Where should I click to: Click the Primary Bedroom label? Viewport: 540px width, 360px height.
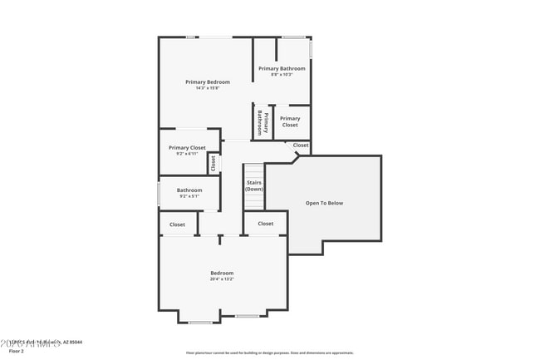tap(207, 81)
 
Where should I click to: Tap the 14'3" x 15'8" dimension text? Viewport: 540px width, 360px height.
tap(207, 88)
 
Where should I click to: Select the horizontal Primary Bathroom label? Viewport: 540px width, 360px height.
tap(282, 68)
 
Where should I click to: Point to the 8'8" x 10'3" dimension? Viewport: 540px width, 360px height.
tap(282, 75)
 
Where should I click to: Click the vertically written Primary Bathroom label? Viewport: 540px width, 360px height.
tap(263, 122)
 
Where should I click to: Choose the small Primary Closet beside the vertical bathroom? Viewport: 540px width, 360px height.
tap(290, 121)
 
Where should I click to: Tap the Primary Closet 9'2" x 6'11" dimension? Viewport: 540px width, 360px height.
tap(187, 154)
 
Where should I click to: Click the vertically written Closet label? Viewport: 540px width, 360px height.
tap(214, 163)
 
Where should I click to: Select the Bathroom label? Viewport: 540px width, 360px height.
tap(189, 190)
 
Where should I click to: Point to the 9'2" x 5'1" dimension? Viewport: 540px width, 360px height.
tap(189, 197)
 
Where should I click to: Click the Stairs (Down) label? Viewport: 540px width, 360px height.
tap(254, 185)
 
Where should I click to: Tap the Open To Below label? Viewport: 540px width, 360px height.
tap(324, 203)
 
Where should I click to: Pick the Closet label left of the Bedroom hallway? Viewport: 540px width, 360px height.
tap(177, 224)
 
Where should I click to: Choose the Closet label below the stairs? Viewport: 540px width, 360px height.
tap(265, 224)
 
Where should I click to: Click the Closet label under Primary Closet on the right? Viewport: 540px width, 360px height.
tap(301, 145)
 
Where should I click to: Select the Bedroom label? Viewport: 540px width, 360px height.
tap(222, 273)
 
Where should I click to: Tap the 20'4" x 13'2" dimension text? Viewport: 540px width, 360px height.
tap(222, 279)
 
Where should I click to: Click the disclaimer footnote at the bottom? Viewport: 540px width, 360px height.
tap(269, 353)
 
